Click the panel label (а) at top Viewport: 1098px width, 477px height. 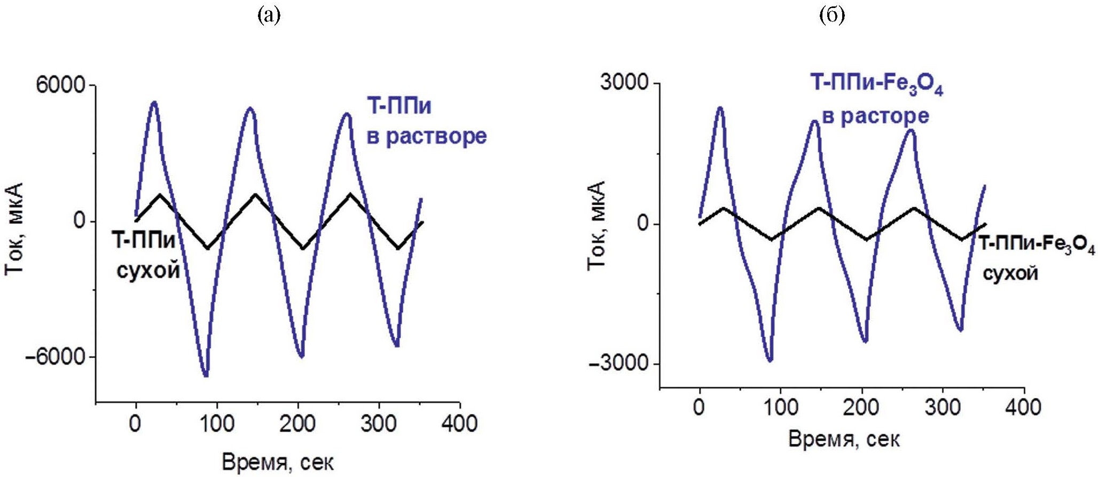coord(269,16)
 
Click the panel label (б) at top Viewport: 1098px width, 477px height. coord(832,16)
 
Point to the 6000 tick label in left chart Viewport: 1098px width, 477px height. coord(60,85)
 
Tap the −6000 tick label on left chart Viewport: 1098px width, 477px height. coord(55,357)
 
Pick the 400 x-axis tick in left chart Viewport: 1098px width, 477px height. coord(459,424)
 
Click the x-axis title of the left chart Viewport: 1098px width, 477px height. coord(278,463)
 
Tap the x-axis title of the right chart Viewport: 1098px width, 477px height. coord(844,440)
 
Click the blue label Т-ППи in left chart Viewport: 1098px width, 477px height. coord(399,106)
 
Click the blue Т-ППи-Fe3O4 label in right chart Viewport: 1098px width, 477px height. coord(876,85)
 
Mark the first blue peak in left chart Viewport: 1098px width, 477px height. coord(154,102)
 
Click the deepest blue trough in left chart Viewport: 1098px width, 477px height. coord(206,376)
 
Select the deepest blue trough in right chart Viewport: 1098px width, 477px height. coord(770,361)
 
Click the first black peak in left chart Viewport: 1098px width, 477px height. coord(160,194)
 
